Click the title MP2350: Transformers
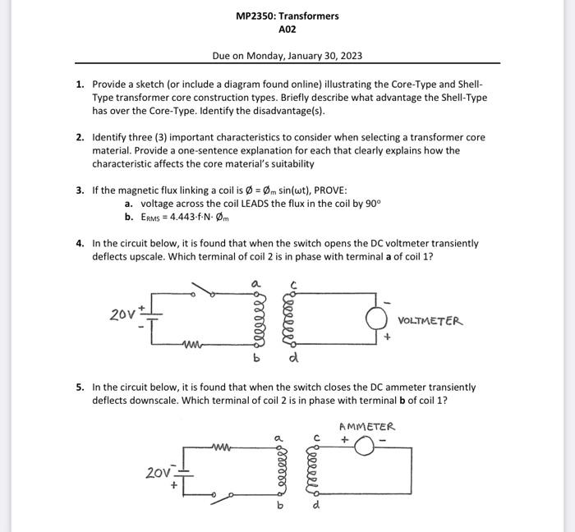[x=287, y=16]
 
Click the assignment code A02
[x=287, y=29]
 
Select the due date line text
[x=287, y=56]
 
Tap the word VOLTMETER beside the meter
[x=430, y=321]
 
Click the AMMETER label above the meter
[x=366, y=426]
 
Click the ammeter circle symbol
[x=366, y=444]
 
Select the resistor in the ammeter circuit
[x=223, y=447]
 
